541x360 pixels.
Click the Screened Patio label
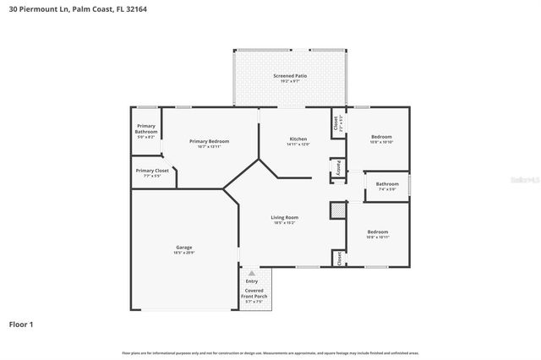(289, 76)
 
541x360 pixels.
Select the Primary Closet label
(152, 170)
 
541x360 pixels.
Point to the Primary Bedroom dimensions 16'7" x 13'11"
(209, 146)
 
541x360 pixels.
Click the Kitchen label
(298, 139)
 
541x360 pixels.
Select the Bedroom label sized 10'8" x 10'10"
(381, 136)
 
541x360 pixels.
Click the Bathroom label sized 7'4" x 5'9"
(387, 183)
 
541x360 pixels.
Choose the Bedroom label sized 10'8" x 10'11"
(377, 232)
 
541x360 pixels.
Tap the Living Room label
(284, 217)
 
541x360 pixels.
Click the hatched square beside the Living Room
(337, 210)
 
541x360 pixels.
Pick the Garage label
(183, 248)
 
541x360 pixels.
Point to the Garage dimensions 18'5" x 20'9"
(183, 253)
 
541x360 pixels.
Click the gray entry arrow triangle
(251, 274)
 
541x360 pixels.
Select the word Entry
(251, 281)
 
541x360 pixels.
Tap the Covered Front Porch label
(254, 292)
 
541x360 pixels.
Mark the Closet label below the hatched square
(337, 258)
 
